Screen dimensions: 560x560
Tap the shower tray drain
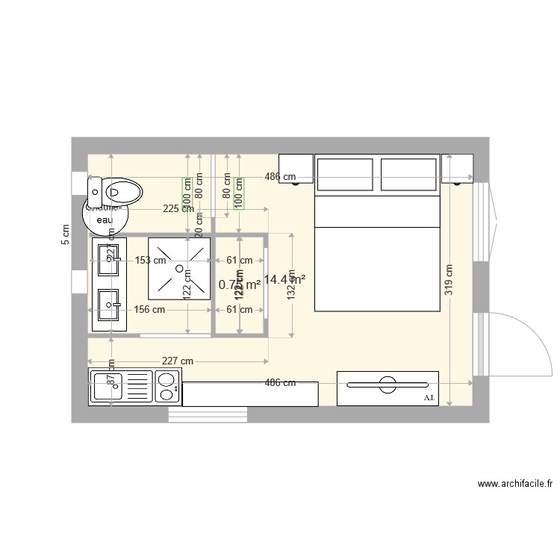pos(179,266)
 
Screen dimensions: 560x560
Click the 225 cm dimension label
pos(178,209)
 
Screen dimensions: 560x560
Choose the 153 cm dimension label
pos(149,261)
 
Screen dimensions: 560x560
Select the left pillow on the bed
pos(345,175)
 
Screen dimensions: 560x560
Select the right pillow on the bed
pos(408,175)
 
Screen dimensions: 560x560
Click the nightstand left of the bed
pos(296,168)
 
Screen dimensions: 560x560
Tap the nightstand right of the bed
pos(457,168)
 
